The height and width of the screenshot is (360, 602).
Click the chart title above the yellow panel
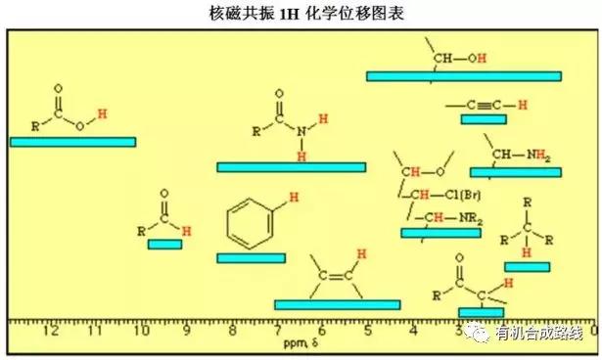(301, 14)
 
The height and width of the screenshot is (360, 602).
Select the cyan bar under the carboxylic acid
(72, 142)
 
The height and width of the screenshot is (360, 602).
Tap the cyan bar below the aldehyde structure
(164, 244)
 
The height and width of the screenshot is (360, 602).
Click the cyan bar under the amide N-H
(291, 167)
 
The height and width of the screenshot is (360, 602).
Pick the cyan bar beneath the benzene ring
(251, 258)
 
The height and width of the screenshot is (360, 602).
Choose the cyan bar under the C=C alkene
(338, 304)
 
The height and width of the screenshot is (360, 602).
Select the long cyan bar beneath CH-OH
(464, 76)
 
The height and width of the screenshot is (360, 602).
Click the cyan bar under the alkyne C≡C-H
(483, 119)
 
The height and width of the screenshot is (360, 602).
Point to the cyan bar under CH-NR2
(440, 233)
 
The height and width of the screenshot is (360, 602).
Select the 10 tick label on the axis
(141, 331)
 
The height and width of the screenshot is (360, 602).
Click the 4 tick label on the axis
(412, 331)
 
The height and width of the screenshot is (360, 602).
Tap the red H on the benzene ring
(281, 200)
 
